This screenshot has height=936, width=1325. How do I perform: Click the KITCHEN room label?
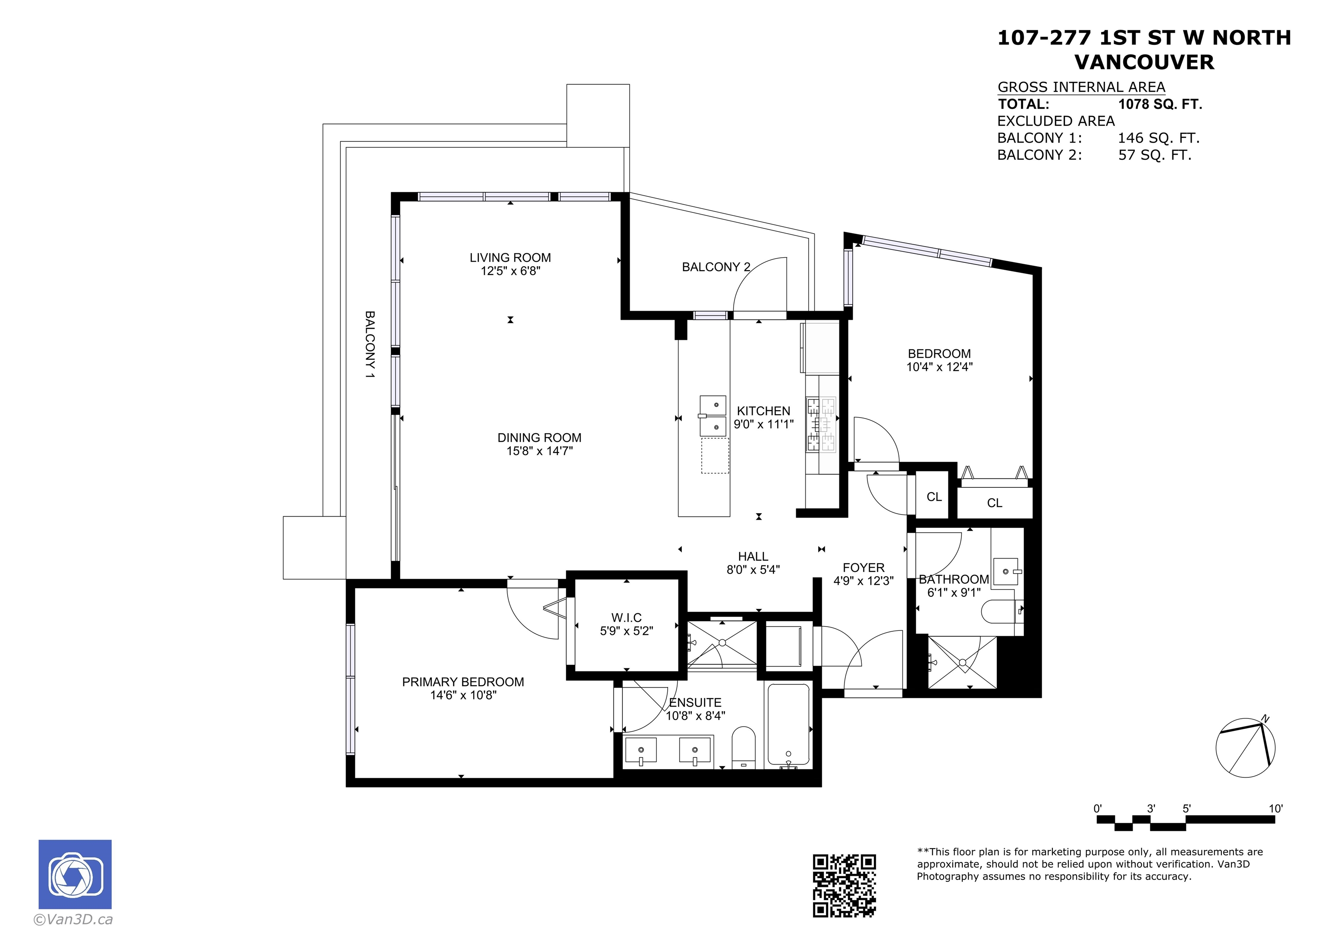[x=763, y=411]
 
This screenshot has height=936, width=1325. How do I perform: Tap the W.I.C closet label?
[x=626, y=618]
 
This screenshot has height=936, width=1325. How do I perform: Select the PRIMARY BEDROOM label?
[x=463, y=682]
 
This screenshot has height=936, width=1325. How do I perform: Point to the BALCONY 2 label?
[x=716, y=267]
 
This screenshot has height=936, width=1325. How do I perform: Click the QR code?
[x=844, y=885]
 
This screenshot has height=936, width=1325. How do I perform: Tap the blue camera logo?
[x=75, y=874]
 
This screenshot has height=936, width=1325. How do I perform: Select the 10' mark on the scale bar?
[x=1275, y=808]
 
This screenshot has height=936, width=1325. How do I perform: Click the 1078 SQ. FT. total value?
[x=1160, y=104]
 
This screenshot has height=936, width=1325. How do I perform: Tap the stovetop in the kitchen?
[x=821, y=424]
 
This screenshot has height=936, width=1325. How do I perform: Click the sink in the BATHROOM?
[x=1006, y=571]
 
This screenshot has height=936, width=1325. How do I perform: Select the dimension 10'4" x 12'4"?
[x=939, y=367]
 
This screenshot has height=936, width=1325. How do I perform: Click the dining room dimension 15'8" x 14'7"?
[x=540, y=451]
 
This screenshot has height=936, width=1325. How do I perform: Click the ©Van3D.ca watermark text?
[x=73, y=919]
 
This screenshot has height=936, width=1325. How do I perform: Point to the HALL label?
[x=753, y=556]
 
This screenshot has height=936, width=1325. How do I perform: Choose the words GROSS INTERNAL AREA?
[x=1081, y=87]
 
